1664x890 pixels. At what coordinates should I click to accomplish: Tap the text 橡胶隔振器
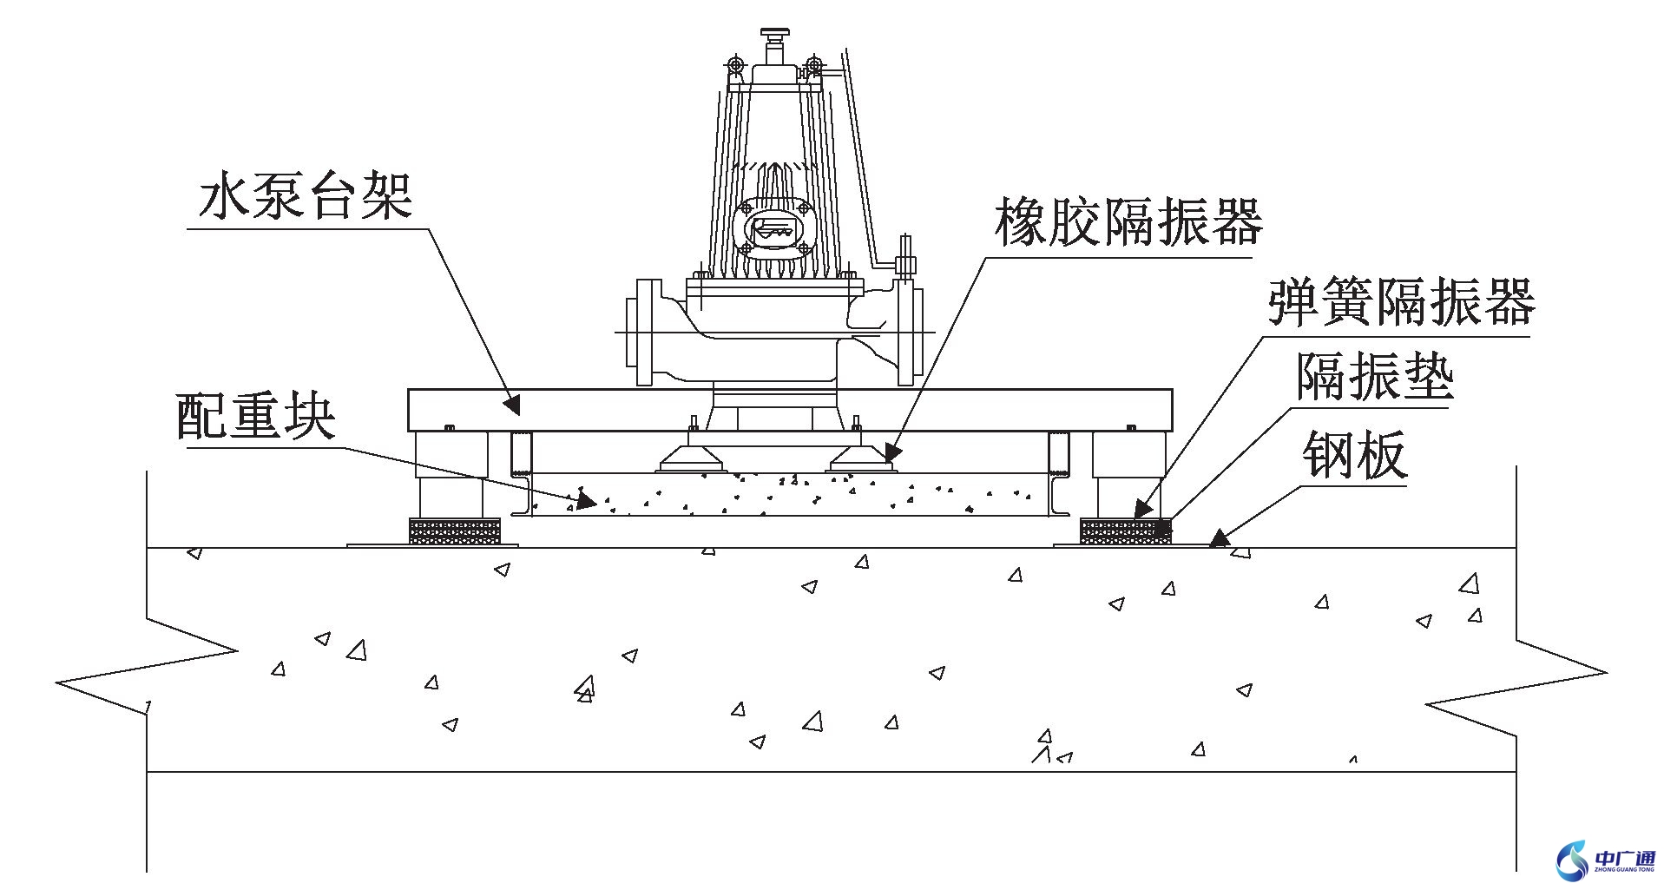point(1128,222)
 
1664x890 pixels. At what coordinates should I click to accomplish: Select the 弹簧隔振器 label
point(1401,302)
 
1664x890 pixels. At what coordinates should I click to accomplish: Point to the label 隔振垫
point(1374,376)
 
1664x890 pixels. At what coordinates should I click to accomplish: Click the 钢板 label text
point(1354,454)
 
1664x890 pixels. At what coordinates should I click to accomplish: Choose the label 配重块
point(256,417)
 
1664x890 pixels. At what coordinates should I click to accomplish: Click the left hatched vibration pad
point(454,531)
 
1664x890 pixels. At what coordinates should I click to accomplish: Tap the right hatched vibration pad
point(1125,531)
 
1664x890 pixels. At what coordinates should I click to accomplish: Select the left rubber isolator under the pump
point(691,458)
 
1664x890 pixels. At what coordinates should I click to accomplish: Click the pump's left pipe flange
point(645,332)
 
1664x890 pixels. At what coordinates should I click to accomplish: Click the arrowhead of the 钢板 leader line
point(1220,539)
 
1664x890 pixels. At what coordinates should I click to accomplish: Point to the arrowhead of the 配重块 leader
point(586,501)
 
